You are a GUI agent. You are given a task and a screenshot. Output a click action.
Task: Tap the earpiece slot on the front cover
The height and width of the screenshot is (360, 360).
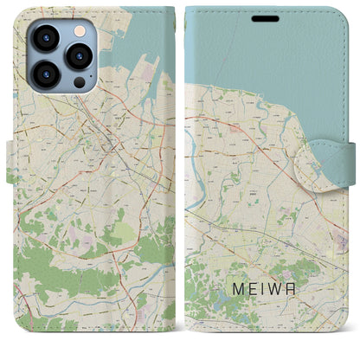[265, 16]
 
